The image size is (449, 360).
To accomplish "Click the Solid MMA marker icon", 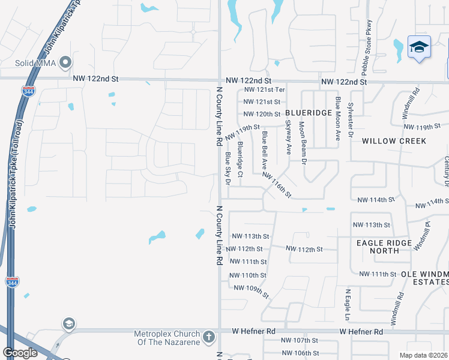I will [x=66, y=63].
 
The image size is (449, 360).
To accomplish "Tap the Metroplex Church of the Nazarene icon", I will [x=208, y=336].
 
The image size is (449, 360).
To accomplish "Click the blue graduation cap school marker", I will [x=418, y=47].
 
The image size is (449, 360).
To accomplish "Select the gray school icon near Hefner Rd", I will [x=69, y=324].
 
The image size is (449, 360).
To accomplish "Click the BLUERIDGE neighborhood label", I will [x=309, y=113].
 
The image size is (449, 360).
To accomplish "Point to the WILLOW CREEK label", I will [x=394, y=141].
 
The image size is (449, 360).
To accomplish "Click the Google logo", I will [x=20, y=353].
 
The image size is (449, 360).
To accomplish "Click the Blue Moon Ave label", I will [x=338, y=119].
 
